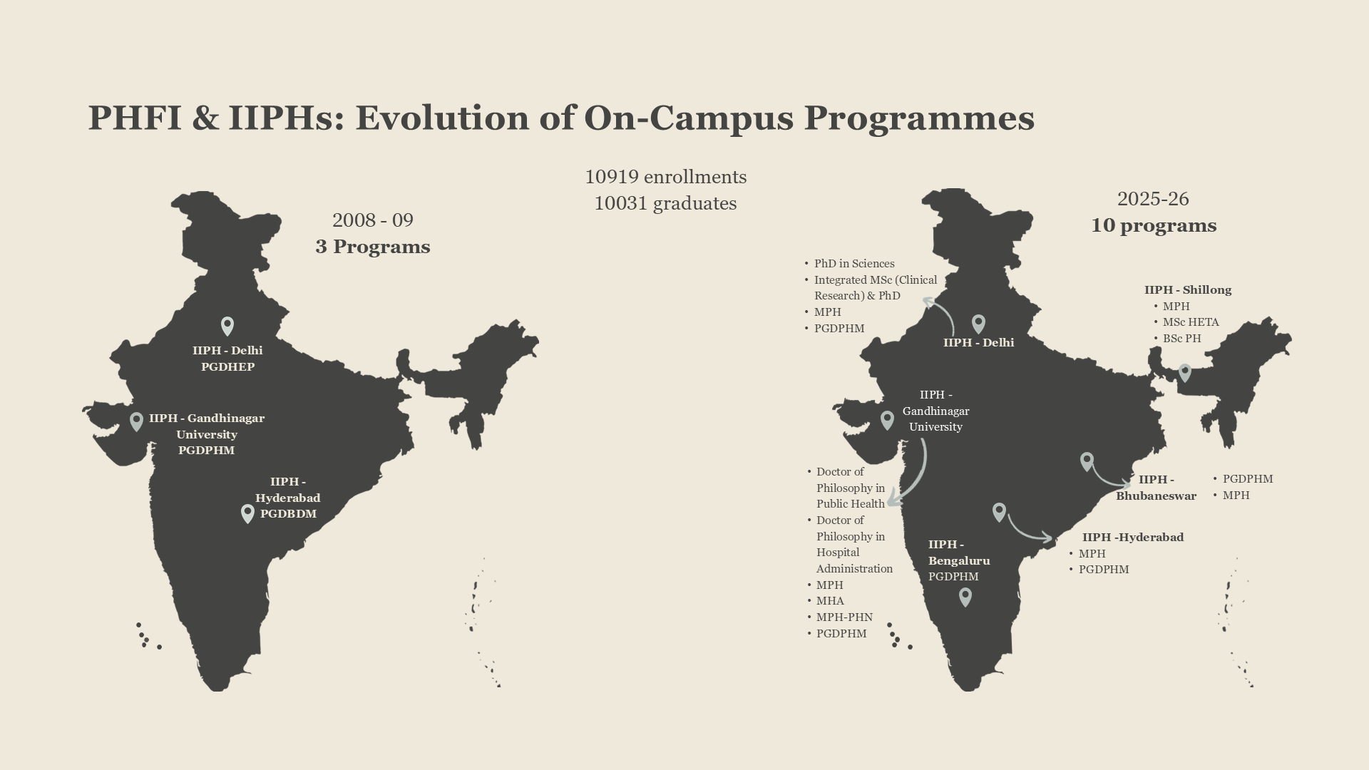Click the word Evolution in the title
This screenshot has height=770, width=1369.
click(441, 118)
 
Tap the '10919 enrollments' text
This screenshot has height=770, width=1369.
click(665, 177)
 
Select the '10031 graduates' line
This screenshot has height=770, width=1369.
click(665, 203)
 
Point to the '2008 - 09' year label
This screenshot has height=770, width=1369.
click(372, 220)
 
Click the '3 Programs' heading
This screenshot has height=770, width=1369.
click(372, 247)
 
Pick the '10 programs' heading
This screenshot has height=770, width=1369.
click(1153, 225)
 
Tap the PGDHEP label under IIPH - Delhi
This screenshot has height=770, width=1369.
click(227, 367)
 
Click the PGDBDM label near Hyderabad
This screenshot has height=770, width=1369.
click(288, 514)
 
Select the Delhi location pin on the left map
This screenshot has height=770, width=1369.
click(227, 326)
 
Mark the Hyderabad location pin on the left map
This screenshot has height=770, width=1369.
click(247, 513)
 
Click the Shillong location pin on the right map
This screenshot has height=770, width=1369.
click(1184, 372)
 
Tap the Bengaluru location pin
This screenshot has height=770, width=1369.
click(965, 597)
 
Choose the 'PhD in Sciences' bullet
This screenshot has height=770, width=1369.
click(853, 264)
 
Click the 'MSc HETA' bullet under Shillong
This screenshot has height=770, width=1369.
click(1190, 322)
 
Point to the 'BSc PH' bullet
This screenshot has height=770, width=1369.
click(1181, 339)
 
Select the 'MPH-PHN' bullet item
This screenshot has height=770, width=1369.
click(844, 617)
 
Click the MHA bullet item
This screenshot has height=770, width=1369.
click(830, 601)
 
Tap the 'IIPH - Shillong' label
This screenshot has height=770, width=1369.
click(1187, 290)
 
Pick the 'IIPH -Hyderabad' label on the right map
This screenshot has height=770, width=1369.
click(1132, 538)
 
